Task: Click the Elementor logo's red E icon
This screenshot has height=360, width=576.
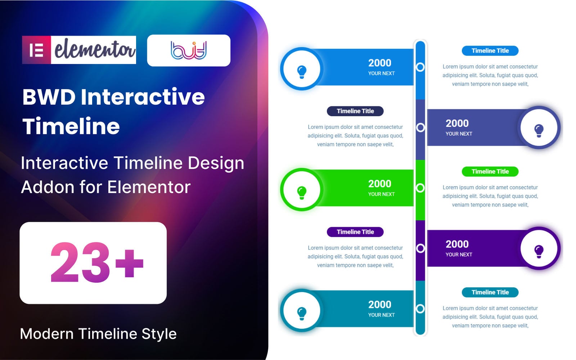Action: pyautogui.click(x=36, y=50)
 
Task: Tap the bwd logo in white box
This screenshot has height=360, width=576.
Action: pyautogui.click(x=188, y=50)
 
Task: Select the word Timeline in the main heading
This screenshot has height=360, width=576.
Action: pyautogui.click(x=71, y=126)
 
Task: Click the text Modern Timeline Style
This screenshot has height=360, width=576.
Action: pyautogui.click(x=98, y=334)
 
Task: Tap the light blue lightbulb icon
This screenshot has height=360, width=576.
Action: pyautogui.click(x=302, y=71)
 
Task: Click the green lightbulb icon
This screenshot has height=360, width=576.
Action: pyautogui.click(x=302, y=192)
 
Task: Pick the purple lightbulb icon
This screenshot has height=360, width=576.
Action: pyautogui.click(x=539, y=251)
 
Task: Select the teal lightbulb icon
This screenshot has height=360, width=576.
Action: pyautogui.click(x=302, y=313)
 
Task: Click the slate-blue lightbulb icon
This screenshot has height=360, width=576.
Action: pyautogui.click(x=539, y=130)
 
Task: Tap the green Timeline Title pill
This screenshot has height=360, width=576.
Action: pyautogui.click(x=490, y=171)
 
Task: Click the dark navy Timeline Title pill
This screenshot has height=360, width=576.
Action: pyautogui.click(x=355, y=111)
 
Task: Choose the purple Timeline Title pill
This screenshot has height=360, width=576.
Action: pyautogui.click(x=355, y=232)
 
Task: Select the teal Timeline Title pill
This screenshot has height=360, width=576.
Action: pyautogui.click(x=490, y=292)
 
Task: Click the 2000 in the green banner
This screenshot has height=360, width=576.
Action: pyautogui.click(x=379, y=184)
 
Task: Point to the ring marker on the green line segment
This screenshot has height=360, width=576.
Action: pyautogui.click(x=420, y=188)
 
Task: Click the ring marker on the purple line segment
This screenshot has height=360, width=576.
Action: pyautogui.click(x=420, y=248)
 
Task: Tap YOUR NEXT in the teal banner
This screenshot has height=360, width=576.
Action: pyautogui.click(x=381, y=315)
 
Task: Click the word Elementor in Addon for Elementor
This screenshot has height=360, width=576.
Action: pyautogui.click(x=149, y=187)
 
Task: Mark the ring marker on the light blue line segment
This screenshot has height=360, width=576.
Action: pyautogui.click(x=420, y=67)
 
